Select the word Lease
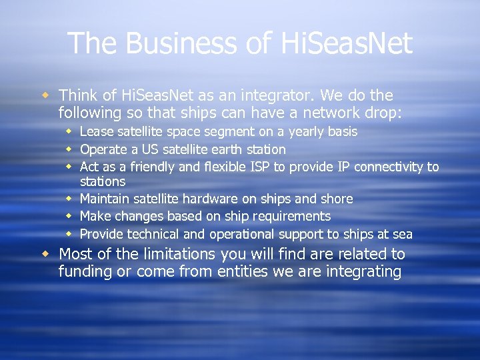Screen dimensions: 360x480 pyautogui.click(x=96, y=132)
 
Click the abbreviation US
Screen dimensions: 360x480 pyautogui.click(x=145, y=149)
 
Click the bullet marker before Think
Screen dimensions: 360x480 pyautogui.click(x=45, y=96)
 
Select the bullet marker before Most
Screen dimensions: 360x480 pyautogui.click(x=45, y=255)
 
